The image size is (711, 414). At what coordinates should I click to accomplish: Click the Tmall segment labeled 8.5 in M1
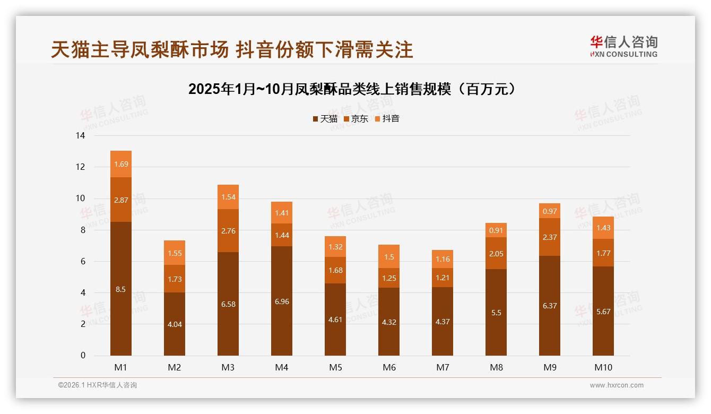point(121,289)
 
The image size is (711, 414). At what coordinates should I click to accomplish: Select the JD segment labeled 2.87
point(121,200)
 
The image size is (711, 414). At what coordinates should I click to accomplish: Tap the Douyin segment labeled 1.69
point(121,164)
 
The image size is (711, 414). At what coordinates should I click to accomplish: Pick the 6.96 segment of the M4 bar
point(282,301)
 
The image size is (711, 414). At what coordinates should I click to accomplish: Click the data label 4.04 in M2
point(175,324)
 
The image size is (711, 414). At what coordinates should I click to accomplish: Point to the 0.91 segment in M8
point(496,230)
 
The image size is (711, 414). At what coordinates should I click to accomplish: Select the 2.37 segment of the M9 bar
point(550,237)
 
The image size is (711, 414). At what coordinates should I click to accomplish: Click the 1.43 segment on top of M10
point(603,228)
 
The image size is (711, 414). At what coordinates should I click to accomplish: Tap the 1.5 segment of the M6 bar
point(389,257)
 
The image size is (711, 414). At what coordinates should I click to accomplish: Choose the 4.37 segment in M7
point(443,322)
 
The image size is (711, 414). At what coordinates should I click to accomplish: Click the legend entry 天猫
point(325,119)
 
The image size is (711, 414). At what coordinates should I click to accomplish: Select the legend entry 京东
point(355,119)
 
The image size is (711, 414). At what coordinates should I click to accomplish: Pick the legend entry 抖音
point(387,119)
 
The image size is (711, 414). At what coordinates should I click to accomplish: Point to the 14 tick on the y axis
point(80,136)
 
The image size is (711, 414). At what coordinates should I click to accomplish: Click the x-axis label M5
point(335,367)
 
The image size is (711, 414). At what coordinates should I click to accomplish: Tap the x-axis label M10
point(603,367)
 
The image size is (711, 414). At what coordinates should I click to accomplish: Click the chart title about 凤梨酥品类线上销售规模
point(352,89)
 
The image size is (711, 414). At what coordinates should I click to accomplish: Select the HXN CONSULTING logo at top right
point(623,47)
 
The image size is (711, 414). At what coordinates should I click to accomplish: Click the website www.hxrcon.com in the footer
point(617,385)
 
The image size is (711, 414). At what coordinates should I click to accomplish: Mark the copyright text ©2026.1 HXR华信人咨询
point(98,385)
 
